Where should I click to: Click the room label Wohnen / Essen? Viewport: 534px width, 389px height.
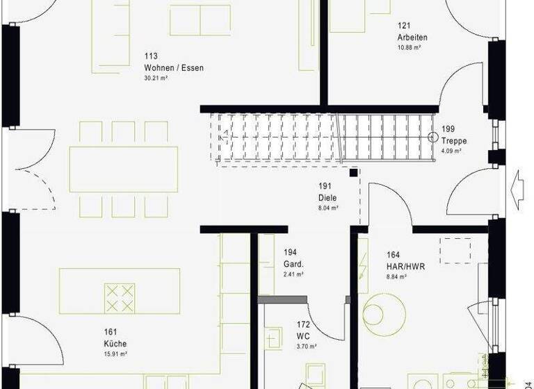(x=173, y=67)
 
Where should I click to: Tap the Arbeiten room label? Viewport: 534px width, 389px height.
(x=412, y=37)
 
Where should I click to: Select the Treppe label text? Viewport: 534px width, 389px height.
(x=454, y=140)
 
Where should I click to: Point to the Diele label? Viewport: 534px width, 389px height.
(x=327, y=197)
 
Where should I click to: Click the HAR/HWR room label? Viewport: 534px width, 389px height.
(x=405, y=266)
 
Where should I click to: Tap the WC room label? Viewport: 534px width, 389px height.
(x=303, y=336)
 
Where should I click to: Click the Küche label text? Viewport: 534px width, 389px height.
(x=116, y=343)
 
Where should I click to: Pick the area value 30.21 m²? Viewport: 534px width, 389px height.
(x=156, y=78)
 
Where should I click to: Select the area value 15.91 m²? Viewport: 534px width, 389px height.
(x=115, y=354)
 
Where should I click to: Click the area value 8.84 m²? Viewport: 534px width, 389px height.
(x=396, y=276)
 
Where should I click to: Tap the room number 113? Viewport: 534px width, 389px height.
(x=151, y=56)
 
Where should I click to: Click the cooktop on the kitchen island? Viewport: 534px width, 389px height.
(x=119, y=297)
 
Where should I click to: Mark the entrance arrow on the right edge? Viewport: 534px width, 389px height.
(x=518, y=189)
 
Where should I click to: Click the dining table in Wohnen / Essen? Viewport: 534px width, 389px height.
(x=123, y=169)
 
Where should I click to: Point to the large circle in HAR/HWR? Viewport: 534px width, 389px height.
(x=382, y=315)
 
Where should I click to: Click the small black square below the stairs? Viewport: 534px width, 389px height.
(x=354, y=172)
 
